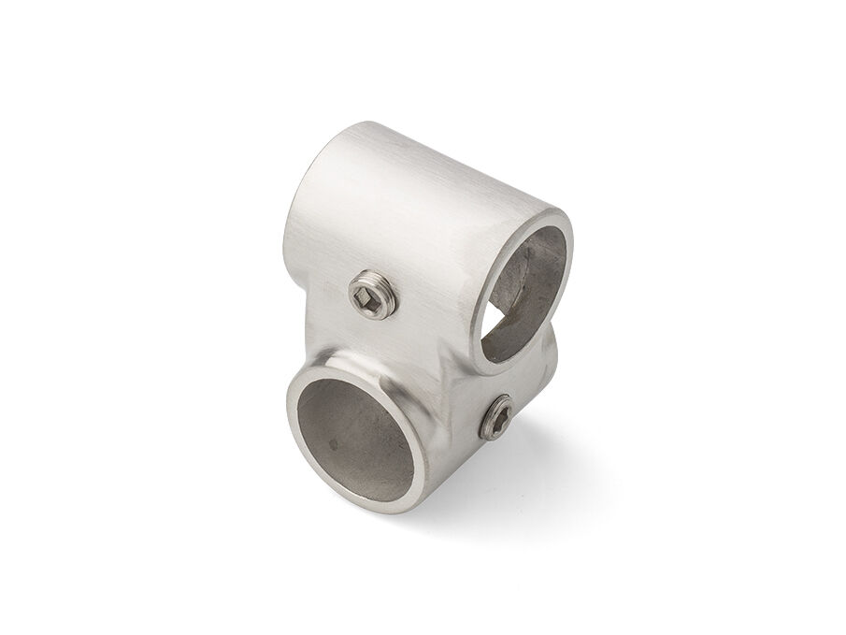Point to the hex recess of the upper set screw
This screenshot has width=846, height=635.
[x=370, y=296]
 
